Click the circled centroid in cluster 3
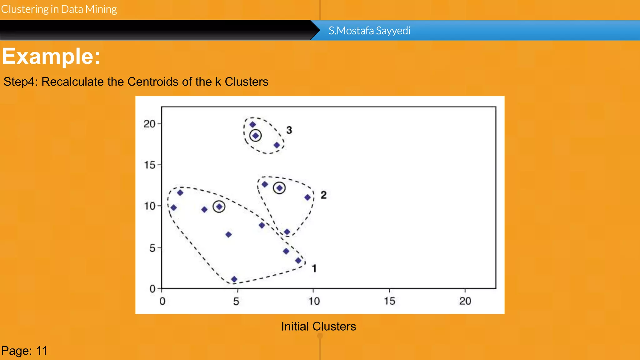pyautogui.click(x=256, y=136)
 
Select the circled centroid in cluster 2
pyautogui.click(x=279, y=188)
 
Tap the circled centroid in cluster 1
pyautogui.click(x=219, y=207)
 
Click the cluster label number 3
pyautogui.click(x=289, y=130)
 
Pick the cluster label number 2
pyautogui.click(x=323, y=195)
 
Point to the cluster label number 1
pyautogui.click(x=314, y=268)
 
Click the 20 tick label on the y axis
pyautogui.click(x=149, y=124)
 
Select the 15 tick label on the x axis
pyautogui.click(x=390, y=301)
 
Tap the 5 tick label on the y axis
pyautogui.click(x=152, y=248)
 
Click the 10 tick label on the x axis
pyautogui.click(x=314, y=301)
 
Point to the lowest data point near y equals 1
pyautogui.click(x=234, y=279)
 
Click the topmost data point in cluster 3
pyautogui.click(x=252, y=124)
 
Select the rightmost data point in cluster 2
pyautogui.click(x=307, y=197)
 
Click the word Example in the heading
pyautogui.click(x=51, y=57)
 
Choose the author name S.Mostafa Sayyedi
pyautogui.click(x=369, y=31)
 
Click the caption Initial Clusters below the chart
pyautogui.click(x=318, y=327)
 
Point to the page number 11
pyautogui.click(x=42, y=351)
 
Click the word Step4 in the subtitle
pyautogui.click(x=20, y=82)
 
